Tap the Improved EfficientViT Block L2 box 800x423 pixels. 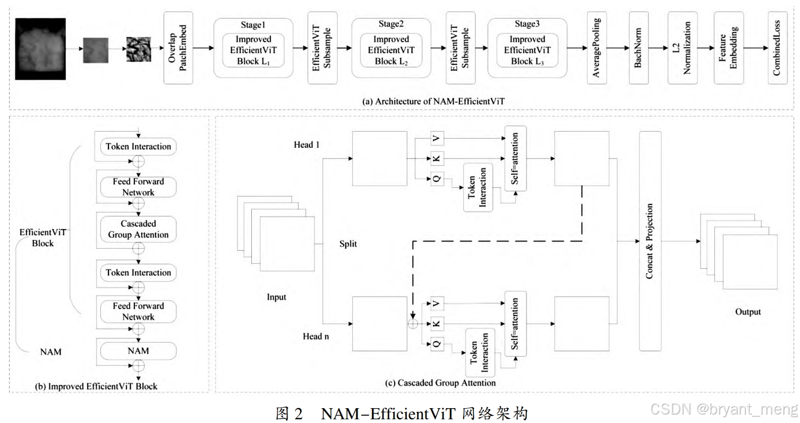[x=391, y=50]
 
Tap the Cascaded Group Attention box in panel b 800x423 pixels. [x=138, y=229]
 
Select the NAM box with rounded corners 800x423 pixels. [x=138, y=351]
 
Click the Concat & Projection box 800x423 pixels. [x=650, y=241]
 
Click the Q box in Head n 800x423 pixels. [x=437, y=344]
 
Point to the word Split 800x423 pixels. [x=348, y=244]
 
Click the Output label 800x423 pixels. [x=747, y=312]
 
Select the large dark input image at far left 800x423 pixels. [x=40, y=49]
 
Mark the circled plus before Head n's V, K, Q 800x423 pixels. [x=412, y=323]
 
